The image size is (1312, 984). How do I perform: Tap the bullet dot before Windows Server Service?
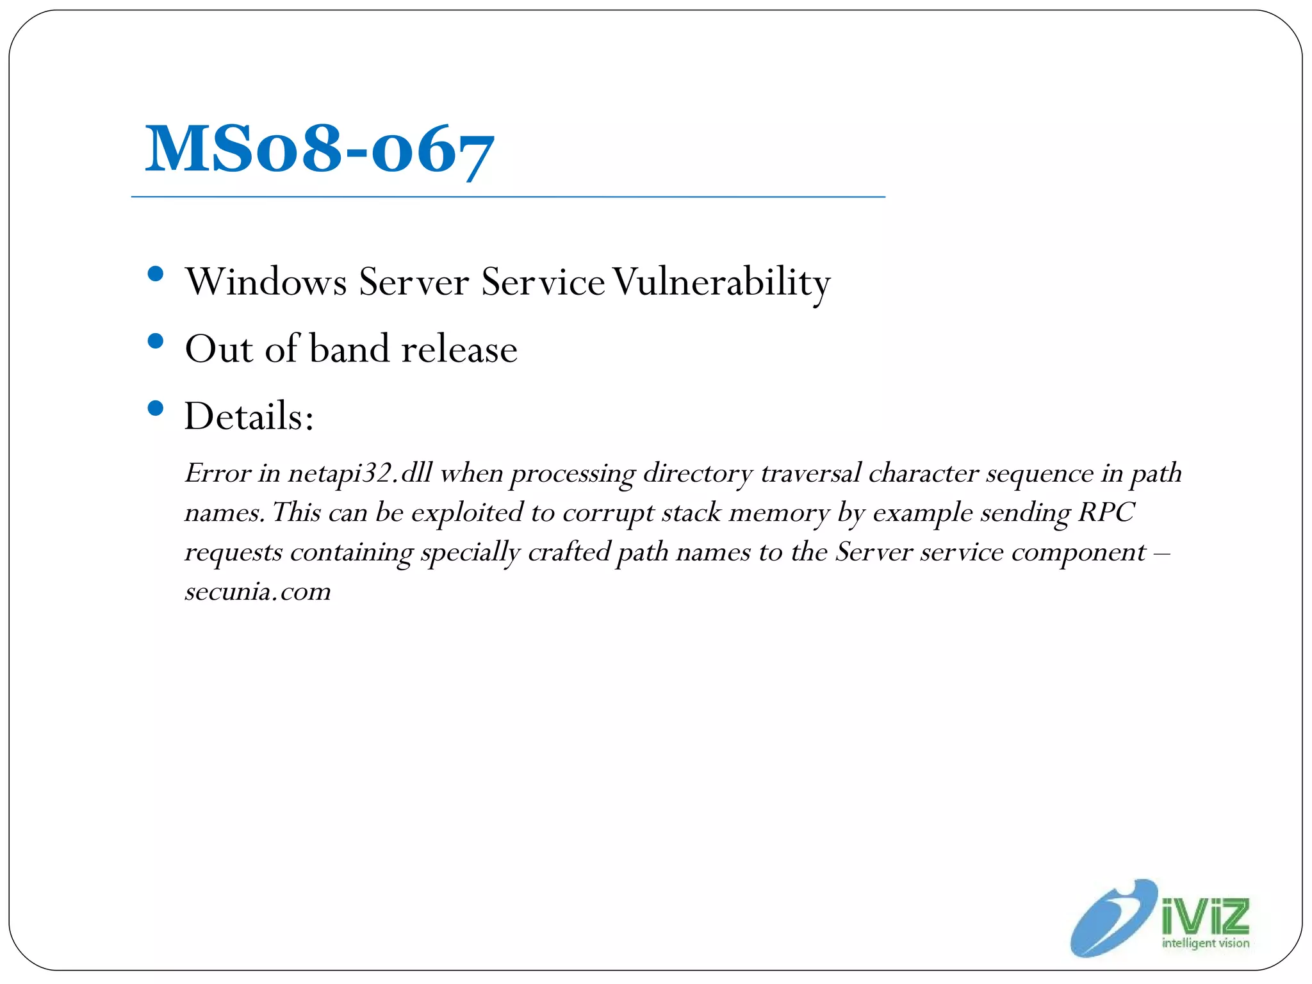pyautogui.click(x=155, y=275)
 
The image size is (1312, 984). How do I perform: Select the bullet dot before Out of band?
pyautogui.click(x=155, y=341)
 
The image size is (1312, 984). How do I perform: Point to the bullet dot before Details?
pyautogui.click(x=155, y=408)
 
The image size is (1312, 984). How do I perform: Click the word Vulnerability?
pyautogui.click(x=721, y=282)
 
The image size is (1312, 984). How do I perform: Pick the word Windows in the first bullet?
pyautogui.click(x=266, y=282)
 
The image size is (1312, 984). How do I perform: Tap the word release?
pyautogui.click(x=459, y=349)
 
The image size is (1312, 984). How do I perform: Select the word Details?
pyautogui.click(x=249, y=416)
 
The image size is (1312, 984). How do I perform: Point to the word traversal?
pyautogui.click(x=810, y=473)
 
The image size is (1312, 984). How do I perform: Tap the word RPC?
pyautogui.click(x=1106, y=512)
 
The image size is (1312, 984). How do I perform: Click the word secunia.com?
pyautogui.click(x=258, y=591)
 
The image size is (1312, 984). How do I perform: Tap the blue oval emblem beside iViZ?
pyautogui.click(x=1114, y=919)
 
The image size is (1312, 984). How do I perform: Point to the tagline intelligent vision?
pyautogui.click(x=1206, y=943)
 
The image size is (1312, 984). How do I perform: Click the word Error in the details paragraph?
pyautogui.click(x=217, y=473)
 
